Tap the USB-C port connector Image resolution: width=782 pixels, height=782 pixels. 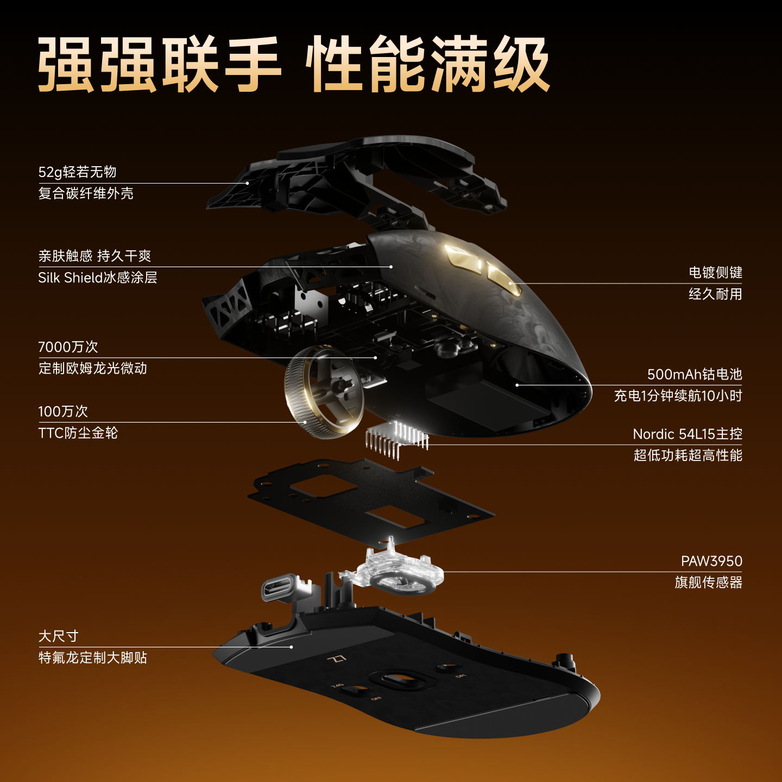281,588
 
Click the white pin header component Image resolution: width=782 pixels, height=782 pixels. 396,437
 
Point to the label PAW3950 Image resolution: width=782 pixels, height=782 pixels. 711,561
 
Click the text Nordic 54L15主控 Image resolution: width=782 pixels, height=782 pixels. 688,434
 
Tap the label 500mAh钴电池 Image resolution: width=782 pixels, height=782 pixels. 694,374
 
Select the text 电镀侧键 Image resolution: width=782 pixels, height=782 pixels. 715,272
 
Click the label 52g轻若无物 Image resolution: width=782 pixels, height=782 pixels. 77,172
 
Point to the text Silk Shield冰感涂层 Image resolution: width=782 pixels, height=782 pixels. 98,278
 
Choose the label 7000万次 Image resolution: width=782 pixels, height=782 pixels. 68,347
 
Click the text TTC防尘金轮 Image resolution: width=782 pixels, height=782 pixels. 78,433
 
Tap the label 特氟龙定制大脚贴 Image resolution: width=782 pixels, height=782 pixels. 92,658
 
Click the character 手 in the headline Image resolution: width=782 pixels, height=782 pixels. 253,65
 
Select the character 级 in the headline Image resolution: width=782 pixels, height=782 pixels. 521,65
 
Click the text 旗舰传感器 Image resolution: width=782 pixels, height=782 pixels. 708,583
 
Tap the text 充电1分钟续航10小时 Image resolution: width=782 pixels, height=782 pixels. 678,396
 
